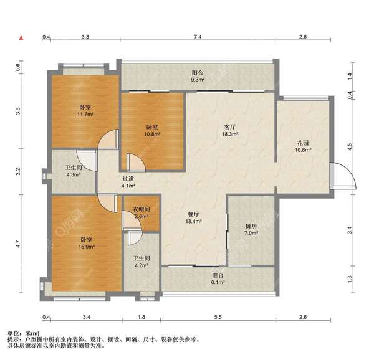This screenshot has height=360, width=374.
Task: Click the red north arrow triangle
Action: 21,37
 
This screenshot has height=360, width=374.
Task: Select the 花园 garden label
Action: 303,143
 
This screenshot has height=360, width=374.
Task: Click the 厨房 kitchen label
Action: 251,226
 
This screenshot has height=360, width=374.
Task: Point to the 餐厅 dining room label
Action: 194,214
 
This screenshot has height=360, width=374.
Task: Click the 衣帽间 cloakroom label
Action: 141,209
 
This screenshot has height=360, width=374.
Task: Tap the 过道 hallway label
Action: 128,179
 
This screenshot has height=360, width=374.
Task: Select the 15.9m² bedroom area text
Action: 87,247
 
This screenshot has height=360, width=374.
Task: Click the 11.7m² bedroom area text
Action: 85,114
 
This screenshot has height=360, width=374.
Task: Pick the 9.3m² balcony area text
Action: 198,80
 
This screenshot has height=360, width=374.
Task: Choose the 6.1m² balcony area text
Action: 218,282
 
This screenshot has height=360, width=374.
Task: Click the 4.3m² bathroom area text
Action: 73,174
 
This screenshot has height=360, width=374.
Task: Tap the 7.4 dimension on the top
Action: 198,37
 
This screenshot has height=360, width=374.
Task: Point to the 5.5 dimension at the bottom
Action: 218,317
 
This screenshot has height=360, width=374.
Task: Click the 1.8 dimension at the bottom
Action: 141,317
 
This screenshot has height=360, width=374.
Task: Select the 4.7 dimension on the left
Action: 18,244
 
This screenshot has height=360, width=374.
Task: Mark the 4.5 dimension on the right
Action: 350,146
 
